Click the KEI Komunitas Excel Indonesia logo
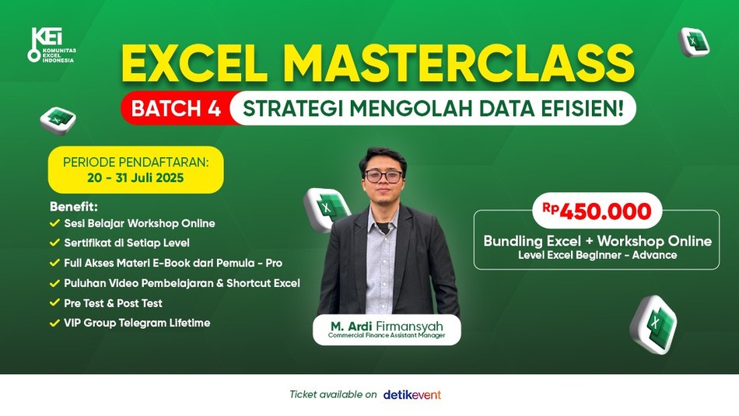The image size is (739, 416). [51, 45]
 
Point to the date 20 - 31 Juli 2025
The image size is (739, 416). [135, 178]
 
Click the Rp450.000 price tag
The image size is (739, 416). [597, 211]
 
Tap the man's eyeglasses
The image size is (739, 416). [384, 177]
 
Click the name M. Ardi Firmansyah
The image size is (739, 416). [387, 326]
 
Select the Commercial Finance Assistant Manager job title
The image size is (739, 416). [387, 335]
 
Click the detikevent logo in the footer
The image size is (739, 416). [412, 395]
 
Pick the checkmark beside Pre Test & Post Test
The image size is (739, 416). [54, 302]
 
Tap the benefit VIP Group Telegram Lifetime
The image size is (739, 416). [137, 323]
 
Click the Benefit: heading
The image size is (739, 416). [74, 207]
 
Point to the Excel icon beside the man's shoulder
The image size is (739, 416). [326, 209]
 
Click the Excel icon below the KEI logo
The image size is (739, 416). [58, 121]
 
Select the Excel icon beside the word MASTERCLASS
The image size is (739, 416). [694, 42]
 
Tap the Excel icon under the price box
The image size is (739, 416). [654, 324]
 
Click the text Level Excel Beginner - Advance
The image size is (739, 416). [597, 255]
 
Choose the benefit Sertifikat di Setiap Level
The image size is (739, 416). [127, 243]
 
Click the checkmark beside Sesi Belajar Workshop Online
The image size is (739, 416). [54, 222]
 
